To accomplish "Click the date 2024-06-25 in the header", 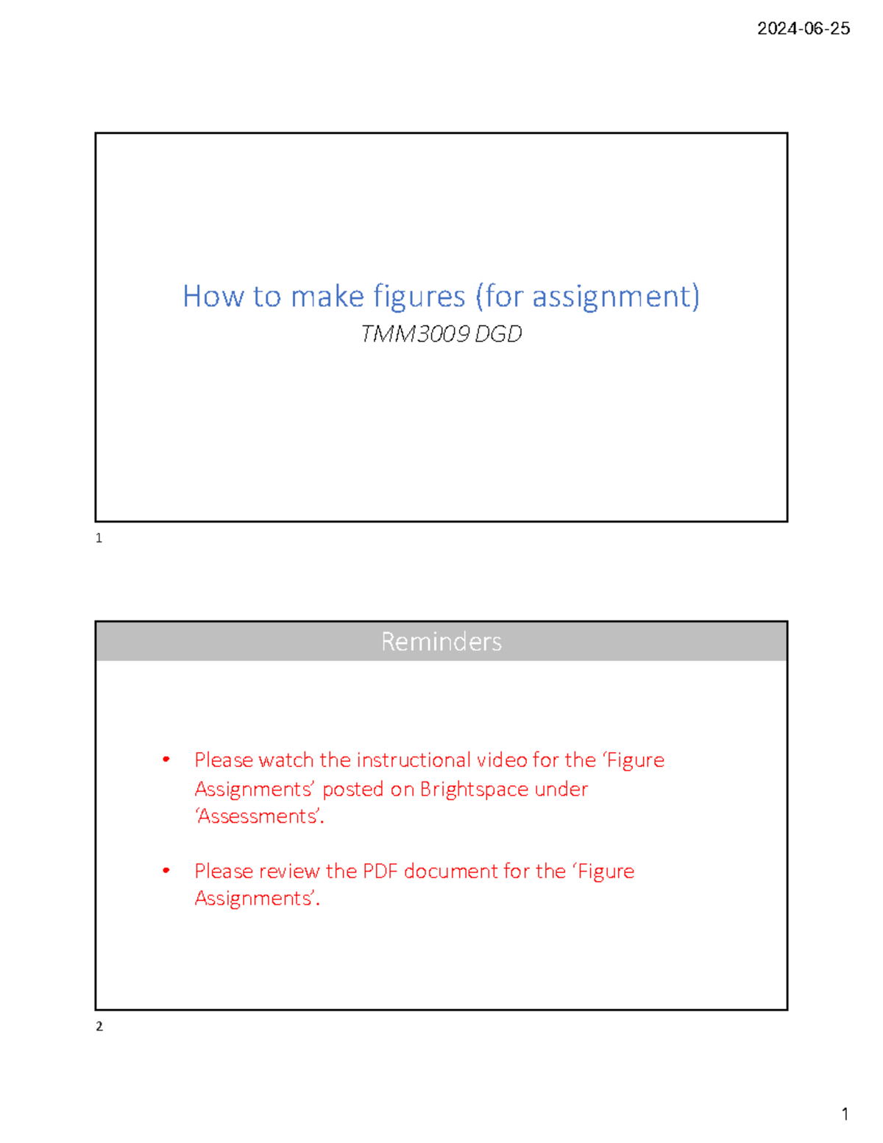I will [x=804, y=29].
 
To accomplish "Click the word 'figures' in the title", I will [x=419, y=297].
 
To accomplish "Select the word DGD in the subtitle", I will [x=498, y=334].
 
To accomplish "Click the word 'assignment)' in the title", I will [x=616, y=297].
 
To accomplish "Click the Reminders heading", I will [x=441, y=642].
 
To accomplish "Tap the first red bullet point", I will [x=167, y=760].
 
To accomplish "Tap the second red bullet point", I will [x=167, y=871].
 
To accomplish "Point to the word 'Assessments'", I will [x=259, y=816].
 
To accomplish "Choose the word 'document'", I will [x=451, y=871].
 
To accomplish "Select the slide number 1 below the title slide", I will [x=99, y=538].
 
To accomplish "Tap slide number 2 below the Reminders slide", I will [x=99, y=1026].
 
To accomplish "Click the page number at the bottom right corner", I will [x=845, y=1114].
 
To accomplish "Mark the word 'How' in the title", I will [x=213, y=297].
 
